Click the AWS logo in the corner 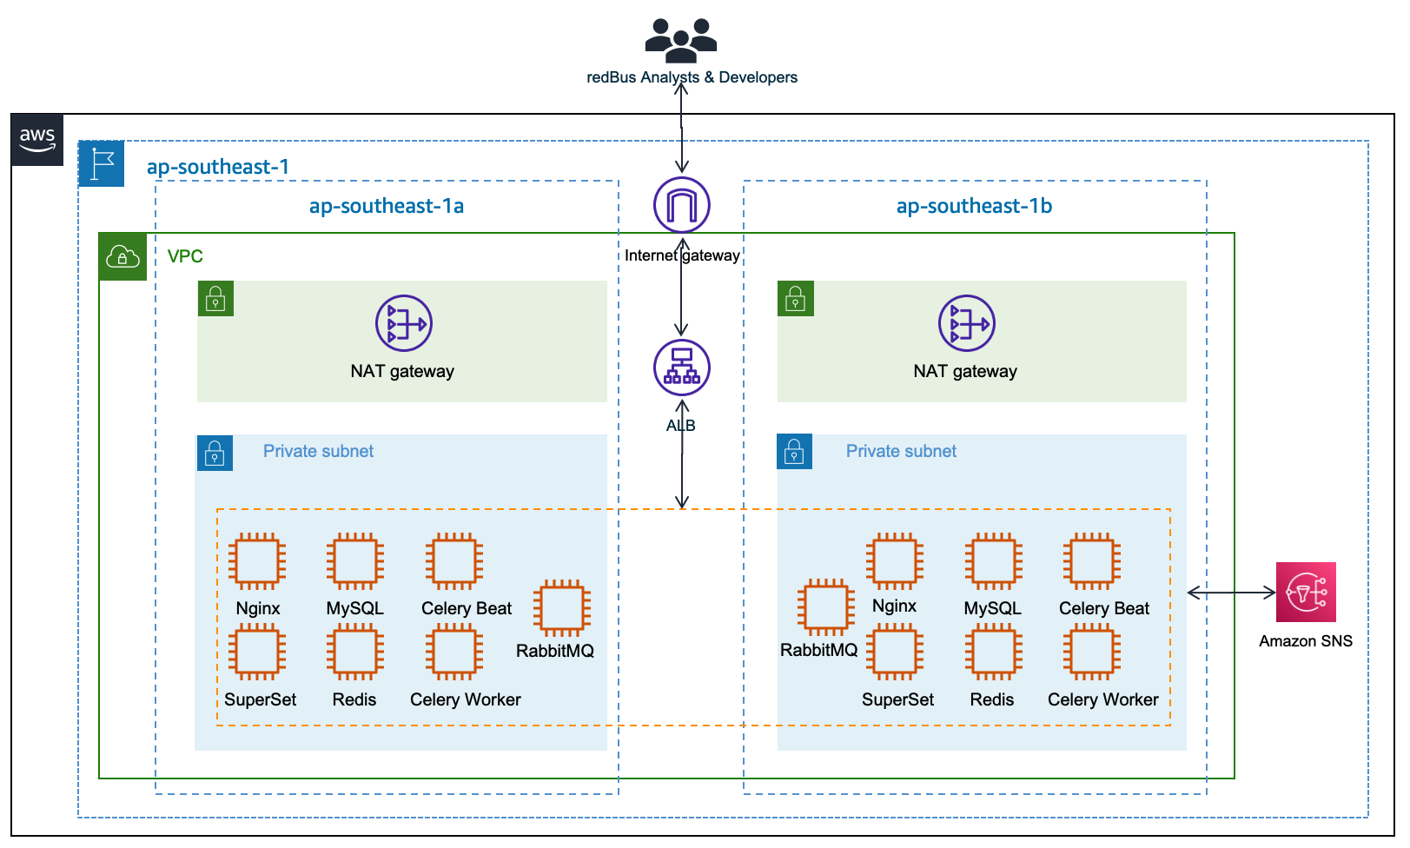[x=37, y=139]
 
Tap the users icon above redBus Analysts [x=681, y=40]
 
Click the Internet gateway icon [x=682, y=205]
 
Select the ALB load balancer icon [x=682, y=368]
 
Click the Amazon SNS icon [x=1306, y=593]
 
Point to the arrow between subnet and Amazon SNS [x=1231, y=593]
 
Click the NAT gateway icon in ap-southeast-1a [x=404, y=323]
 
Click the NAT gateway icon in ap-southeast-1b [x=967, y=323]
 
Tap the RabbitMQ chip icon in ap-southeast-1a [x=562, y=607]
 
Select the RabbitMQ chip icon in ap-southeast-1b [x=825, y=606]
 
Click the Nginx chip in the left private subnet [x=257, y=560]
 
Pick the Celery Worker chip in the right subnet [x=1092, y=653]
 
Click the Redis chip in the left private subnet [x=355, y=653]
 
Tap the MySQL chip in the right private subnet [x=993, y=560]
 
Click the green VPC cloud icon [x=122, y=256]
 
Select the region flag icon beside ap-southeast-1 [x=102, y=163]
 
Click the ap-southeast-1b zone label [x=974, y=206]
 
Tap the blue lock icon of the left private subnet [x=215, y=453]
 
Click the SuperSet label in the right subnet [x=897, y=699]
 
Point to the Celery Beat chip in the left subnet [x=454, y=560]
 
